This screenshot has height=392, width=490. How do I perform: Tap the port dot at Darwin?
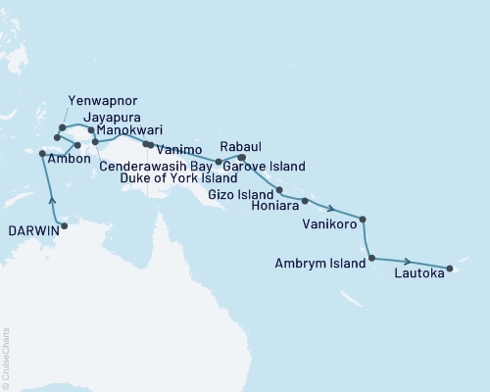65,226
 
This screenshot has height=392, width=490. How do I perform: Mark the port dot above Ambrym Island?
370,259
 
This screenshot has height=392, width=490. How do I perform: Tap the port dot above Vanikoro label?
364,220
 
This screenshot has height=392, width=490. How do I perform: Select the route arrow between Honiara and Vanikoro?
334,209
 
